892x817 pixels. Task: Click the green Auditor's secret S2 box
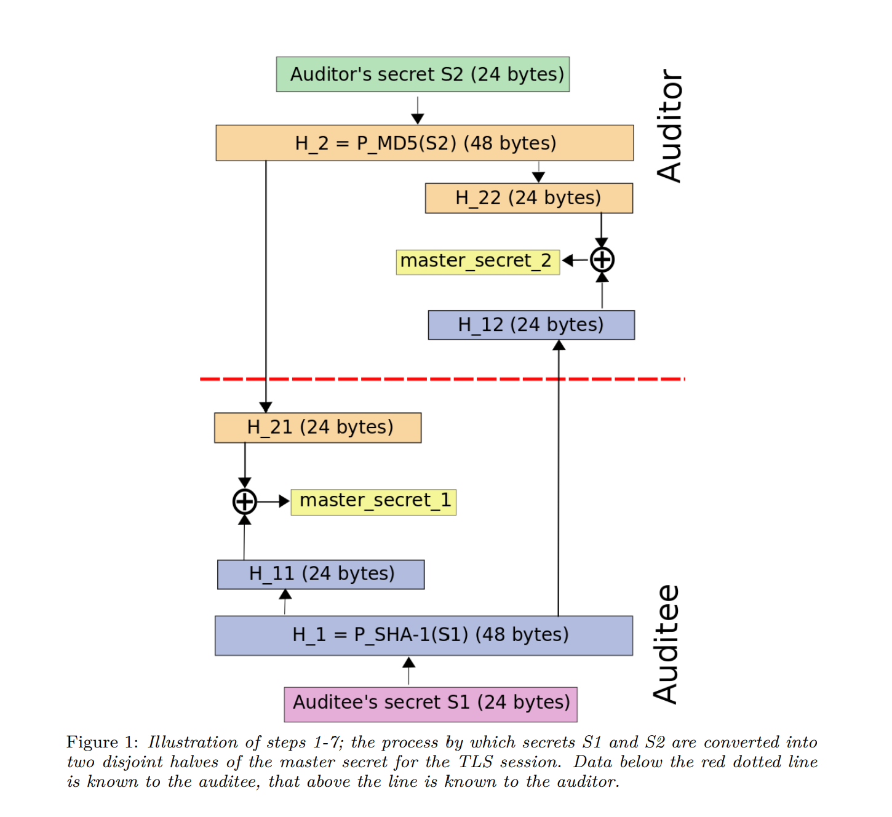click(x=423, y=74)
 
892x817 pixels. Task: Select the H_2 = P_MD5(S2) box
click(x=424, y=143)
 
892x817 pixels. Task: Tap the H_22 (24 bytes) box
click(x=528, y=198)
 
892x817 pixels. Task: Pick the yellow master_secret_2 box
click(x=477, y=261)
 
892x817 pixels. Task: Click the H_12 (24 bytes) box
click(x=531, y=325)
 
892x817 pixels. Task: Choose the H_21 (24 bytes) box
click(x=317, y=428)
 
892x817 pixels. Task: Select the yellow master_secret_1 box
click(x=373, y=501)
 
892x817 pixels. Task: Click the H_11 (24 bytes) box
click(x=321, y=574)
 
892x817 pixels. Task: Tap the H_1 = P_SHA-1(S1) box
click(x=423, y=635)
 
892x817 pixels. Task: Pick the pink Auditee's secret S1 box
click(x=431, y=704)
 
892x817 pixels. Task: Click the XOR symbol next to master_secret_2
click(x=602, y=260)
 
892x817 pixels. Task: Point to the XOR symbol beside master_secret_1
click(x=244, y=501)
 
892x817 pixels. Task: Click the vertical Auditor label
click(x=669, y=126)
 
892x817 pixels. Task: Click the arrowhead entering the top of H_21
click(x=266, y=407)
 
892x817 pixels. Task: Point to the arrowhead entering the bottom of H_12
click(x=559, y=346)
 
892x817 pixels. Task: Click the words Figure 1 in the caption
click(x=102, y=742)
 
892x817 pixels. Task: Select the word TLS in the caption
click(x=476, y=762)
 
